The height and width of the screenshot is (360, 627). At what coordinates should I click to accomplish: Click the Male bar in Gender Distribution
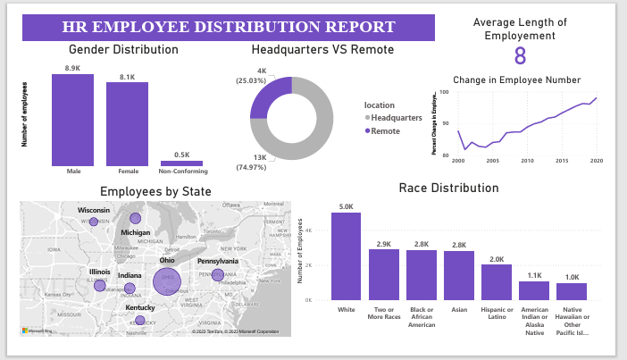coord(72,120)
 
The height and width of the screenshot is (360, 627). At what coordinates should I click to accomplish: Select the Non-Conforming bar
coord(181,163)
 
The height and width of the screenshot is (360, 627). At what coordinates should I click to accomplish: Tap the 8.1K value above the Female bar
coord(127,77)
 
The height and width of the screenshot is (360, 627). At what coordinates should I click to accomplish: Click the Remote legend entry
coord(385,131)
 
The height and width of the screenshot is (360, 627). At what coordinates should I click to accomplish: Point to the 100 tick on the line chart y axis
coord(445,92)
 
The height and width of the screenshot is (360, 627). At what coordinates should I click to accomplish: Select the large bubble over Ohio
coord(167,280)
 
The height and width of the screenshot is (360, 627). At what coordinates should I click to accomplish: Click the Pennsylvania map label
coord(218,262)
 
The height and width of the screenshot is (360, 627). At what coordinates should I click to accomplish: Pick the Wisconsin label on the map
coord(93,210)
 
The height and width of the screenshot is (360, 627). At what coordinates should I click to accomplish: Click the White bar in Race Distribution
coord(346,256)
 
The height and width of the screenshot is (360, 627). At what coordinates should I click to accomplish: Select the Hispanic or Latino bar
coord(496,282)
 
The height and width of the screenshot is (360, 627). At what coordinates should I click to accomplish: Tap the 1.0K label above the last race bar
coord(571,277)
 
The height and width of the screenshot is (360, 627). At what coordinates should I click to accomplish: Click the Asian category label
coord(458,310)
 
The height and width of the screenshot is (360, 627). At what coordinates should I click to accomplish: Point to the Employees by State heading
coord(155,191)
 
